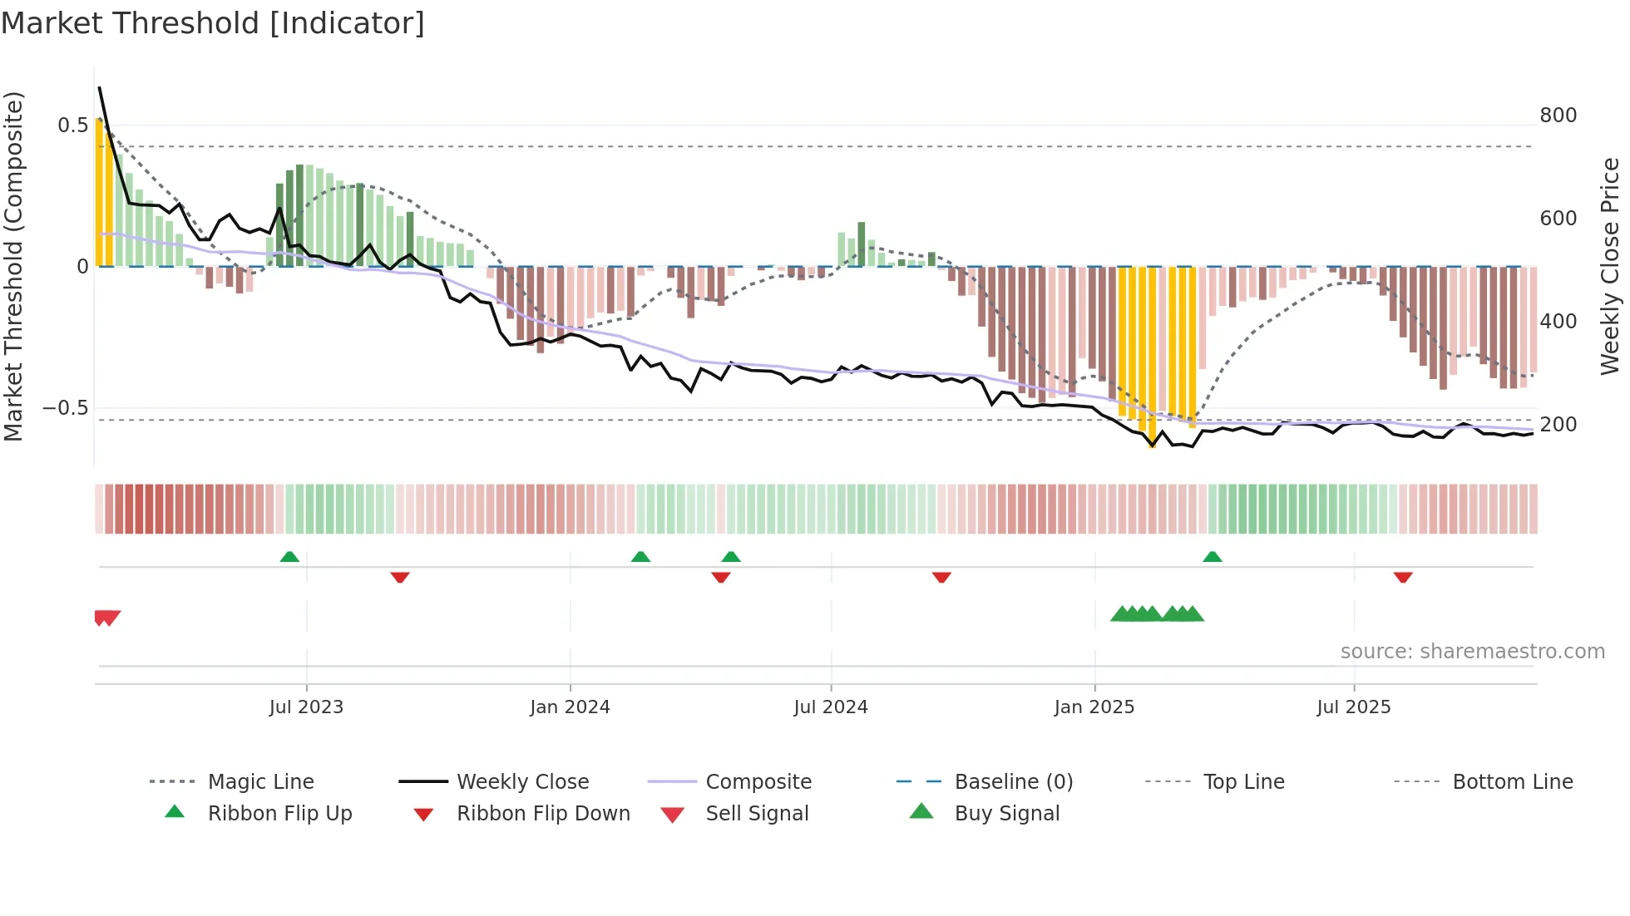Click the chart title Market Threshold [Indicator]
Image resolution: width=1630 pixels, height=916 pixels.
[213, 23]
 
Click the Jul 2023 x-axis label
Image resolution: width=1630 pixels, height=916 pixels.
[306, 707]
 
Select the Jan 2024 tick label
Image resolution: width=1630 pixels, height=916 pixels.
[570, 707]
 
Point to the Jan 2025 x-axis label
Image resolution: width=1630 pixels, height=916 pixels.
[1094, 707]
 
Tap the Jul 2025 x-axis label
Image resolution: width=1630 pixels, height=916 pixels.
[1353, 707]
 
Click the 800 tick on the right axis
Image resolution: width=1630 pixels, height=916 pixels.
[1558, 116]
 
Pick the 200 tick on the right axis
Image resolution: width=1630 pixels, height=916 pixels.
[1558, 425]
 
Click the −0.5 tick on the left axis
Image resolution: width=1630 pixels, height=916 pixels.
[65, 408]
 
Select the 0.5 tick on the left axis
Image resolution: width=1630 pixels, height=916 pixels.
[72, 126]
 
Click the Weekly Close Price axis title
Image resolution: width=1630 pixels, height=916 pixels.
[1610, 266]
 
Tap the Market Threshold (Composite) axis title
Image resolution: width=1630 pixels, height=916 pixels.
[13, 266]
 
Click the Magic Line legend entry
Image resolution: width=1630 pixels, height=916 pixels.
[260, 782]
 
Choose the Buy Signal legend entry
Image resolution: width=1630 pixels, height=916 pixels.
[1006, 814]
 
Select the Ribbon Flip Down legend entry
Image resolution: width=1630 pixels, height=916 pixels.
[543, 814]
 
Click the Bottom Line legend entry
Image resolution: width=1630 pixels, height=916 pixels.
[1512, 782]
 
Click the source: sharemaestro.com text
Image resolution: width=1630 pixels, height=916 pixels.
[1472, 652]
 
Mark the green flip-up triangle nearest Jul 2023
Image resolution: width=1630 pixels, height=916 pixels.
[289, 557]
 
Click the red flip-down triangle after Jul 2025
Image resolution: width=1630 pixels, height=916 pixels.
[1403, 577]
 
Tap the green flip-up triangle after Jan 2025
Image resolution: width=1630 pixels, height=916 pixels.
[1213, 557]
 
